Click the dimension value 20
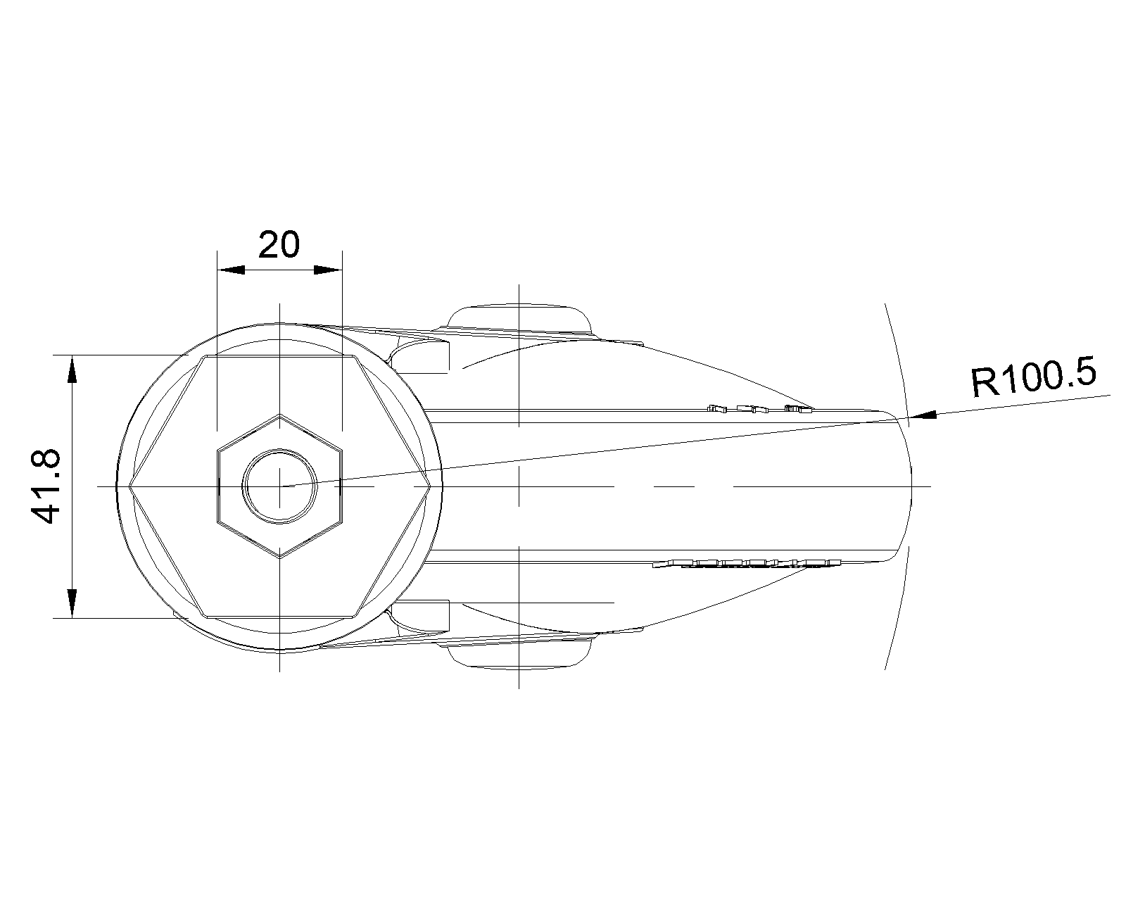pos(279,244)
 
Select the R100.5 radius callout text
pos(1033,376)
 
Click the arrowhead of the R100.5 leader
pos(922,415)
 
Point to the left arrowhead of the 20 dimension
pos(231,270)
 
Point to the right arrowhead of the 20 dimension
pos(328,270)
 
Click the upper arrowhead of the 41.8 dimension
pos(72,369)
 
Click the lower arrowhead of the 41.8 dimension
pos(72,604)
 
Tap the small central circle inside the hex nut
pos(279,486)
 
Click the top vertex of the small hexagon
pos(279,415)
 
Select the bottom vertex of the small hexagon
pos(279,558)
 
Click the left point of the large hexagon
pos(129,486)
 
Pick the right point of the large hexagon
pos(430,486)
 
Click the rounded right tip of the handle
pos(911,486)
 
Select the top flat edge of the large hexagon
pos(279,355)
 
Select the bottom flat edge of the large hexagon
pos(279,617)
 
